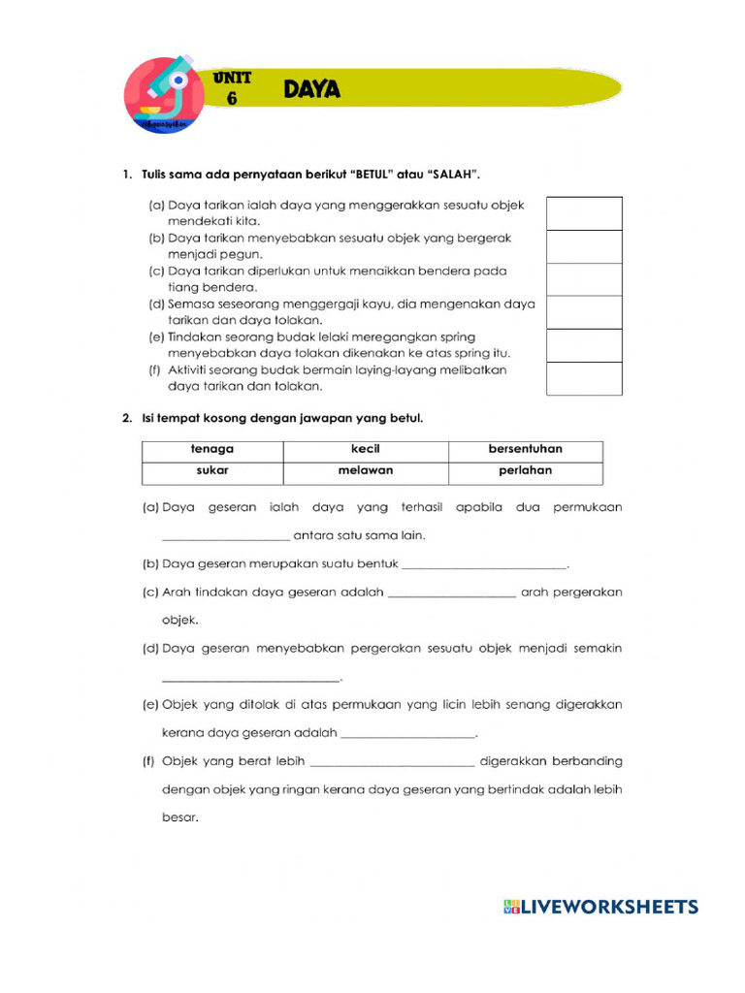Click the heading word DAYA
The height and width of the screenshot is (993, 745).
(x=311, y=90)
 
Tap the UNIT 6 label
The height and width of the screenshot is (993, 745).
(x=232, y=87)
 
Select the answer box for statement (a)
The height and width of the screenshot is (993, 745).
(x=584, y=213)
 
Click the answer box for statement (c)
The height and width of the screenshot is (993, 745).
(x=584, y=279)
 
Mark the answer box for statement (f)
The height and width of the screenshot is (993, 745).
(x=584, y=378)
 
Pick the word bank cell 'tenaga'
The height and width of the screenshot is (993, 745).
(x=212, y=450)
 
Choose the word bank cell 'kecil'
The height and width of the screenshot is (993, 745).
(x=365, y=450)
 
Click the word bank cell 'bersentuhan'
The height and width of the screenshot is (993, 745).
(x=525, y=450)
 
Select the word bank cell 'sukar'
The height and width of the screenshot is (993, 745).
(x=212, y=472)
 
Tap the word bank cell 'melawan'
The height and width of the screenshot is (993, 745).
(x=365, y=472)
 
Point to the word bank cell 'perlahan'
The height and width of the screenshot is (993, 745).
(x=525, y=472)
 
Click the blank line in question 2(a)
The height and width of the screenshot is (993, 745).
(x=225, y=534)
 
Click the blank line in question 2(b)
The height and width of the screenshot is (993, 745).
(x=483, y=563)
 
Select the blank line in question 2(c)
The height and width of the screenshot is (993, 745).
(x=451, y=592)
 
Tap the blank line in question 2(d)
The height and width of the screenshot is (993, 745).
(x=250, y=677)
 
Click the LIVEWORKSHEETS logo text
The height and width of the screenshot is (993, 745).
(x=609, y=908)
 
